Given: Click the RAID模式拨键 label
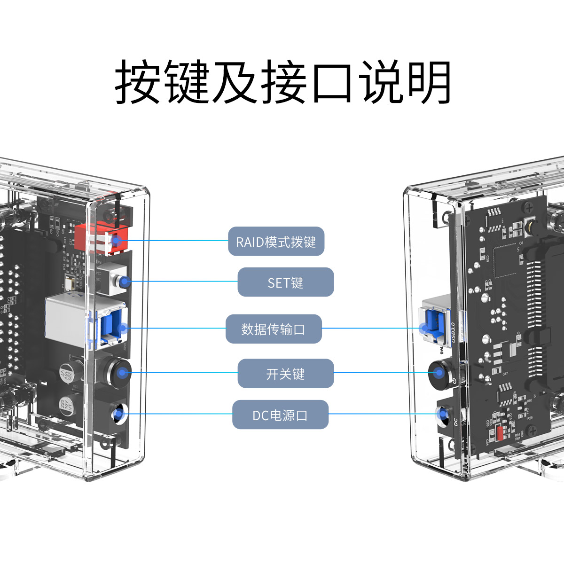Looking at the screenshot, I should (x=276, y=242).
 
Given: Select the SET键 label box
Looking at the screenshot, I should (x=285, y=282).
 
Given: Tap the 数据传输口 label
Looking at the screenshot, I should (x=274, y=329).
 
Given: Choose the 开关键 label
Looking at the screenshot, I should (x=285, y=374).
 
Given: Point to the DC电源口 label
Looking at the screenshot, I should (x=280, y=415).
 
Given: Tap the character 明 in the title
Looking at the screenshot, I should (x=429, y=82).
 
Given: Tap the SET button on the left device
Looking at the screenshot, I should (x=123, y=282).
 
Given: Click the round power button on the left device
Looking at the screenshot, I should (x=121, y=373).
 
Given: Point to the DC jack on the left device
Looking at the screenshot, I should (x=118, y=414).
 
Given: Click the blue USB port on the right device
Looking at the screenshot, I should (x=433, y=324).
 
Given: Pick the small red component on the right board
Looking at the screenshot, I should (x=500, y=433).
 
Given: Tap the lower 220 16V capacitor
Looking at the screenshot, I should (x=65, y=408).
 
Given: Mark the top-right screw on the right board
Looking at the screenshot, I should (x=529, y=207).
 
